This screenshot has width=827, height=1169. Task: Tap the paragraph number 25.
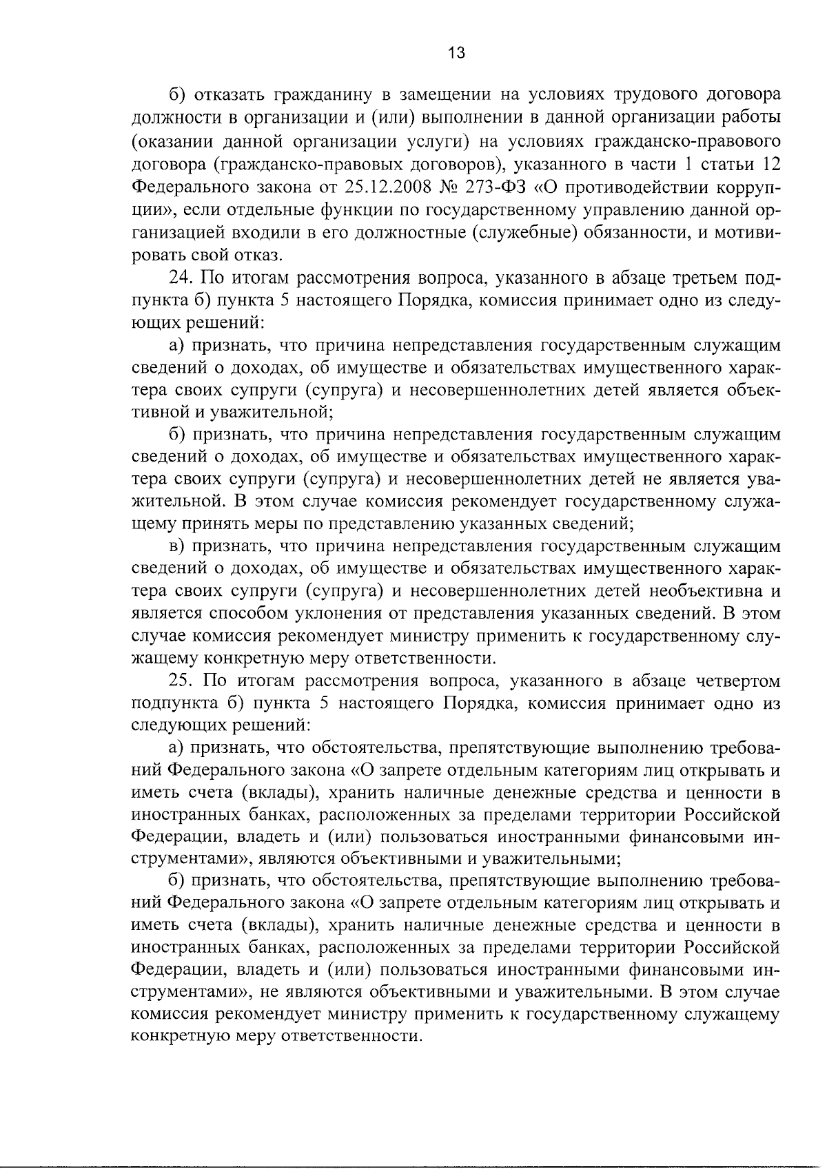pos(183,681)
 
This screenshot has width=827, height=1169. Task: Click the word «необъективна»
pos(702,591)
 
